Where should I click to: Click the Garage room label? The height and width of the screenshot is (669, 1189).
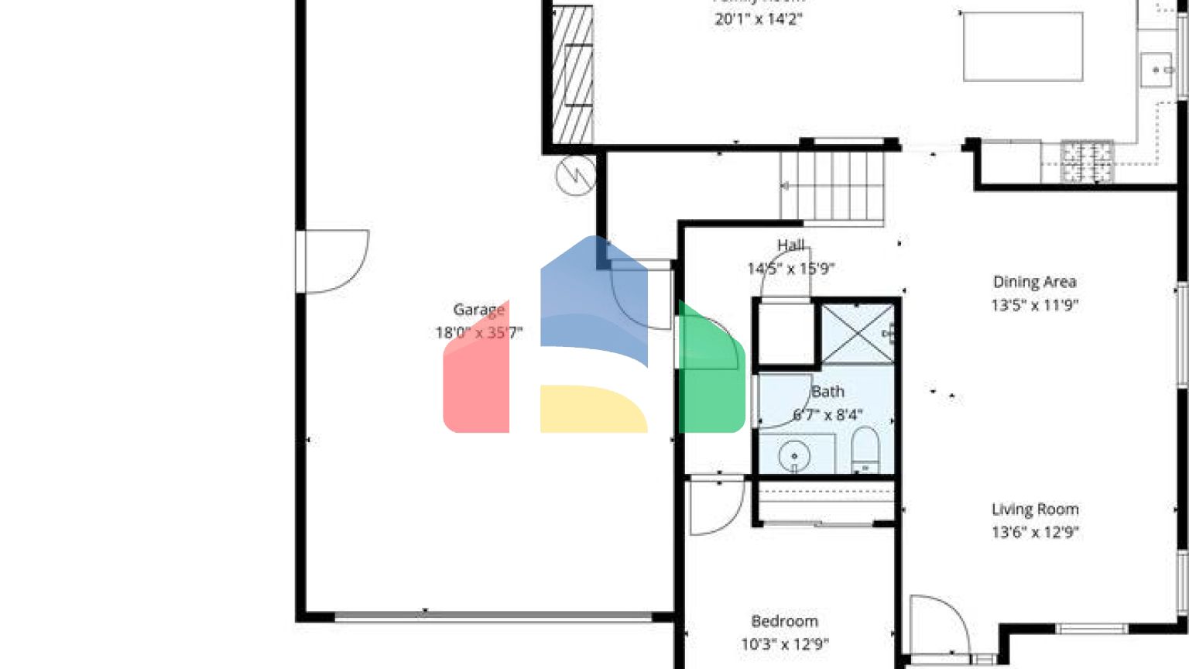(478, 310)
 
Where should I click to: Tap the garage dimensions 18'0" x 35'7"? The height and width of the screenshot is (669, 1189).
(478, 333)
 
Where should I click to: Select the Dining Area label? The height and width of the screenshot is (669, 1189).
(1034, 282)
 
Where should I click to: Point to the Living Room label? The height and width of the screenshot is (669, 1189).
(1035, 509)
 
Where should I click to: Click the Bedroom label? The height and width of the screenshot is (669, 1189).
(784, 621)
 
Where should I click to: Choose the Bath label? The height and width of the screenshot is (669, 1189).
(828, 392)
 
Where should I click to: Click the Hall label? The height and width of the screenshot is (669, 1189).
(791, 245)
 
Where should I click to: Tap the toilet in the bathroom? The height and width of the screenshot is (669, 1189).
(865, 449)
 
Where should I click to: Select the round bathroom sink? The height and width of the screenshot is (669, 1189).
(794, 455)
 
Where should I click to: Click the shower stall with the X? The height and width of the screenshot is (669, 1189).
(857, 333)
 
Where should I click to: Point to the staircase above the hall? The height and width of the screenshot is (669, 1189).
(832, 186)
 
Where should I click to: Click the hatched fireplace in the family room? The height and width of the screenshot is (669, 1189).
(573, 75)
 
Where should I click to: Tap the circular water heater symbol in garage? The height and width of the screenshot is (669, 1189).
(576, 175)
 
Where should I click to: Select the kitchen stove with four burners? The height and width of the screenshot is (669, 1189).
(1087, 162)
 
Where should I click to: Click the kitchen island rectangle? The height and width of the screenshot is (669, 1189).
(1022, 46)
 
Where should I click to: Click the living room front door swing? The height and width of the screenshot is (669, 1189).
(938, 626)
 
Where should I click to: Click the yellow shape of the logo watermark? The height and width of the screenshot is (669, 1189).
(592, 408)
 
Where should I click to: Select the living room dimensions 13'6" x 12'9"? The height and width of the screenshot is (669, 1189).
(1035, 532)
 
